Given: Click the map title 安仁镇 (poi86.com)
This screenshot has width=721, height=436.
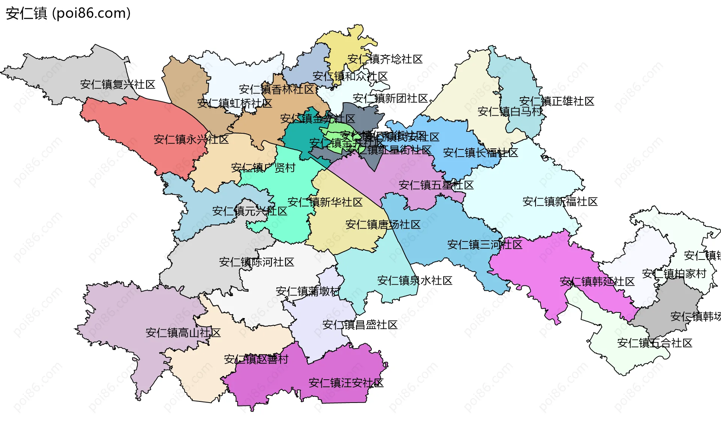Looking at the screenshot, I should [x=68, y=13].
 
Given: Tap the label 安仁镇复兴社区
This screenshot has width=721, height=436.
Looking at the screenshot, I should [x=118, y=84].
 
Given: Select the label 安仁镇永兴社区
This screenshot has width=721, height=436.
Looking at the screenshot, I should [x=191, y=140].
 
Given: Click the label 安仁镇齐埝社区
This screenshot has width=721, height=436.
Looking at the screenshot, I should [x=385, y=59].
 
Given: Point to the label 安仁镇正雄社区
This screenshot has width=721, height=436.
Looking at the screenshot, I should [x=557, y=101].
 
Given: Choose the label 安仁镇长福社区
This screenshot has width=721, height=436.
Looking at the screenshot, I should [x=480, y=153].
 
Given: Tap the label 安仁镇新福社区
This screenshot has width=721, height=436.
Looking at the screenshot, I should [x=560, y=202].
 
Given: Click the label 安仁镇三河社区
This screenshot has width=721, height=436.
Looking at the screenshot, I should [x=484, y=245].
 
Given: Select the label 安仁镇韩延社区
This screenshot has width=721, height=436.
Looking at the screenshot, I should [x=597, y=282].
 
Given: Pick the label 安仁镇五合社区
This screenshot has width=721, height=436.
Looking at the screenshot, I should [x=655, y=343].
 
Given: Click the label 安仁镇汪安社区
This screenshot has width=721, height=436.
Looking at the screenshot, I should [x=346, y=383].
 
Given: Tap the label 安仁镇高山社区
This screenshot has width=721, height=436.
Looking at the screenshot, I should [x=183, y=333].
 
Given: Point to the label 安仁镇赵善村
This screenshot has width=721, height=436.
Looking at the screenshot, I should [x=256, y=360].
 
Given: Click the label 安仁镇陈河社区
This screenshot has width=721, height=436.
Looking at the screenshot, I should [x=256, y=263].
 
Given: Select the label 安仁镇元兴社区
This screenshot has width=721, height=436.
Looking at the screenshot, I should [x=249, y=211].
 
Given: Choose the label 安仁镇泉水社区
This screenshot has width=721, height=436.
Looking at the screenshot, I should [x=415, y=281].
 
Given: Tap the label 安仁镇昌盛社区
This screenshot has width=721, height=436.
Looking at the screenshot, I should [x=360, y=325].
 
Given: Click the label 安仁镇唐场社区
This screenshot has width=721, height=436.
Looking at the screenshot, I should [x=383, y=225].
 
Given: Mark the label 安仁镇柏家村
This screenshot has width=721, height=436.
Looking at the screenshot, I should [x=674, y=274].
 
